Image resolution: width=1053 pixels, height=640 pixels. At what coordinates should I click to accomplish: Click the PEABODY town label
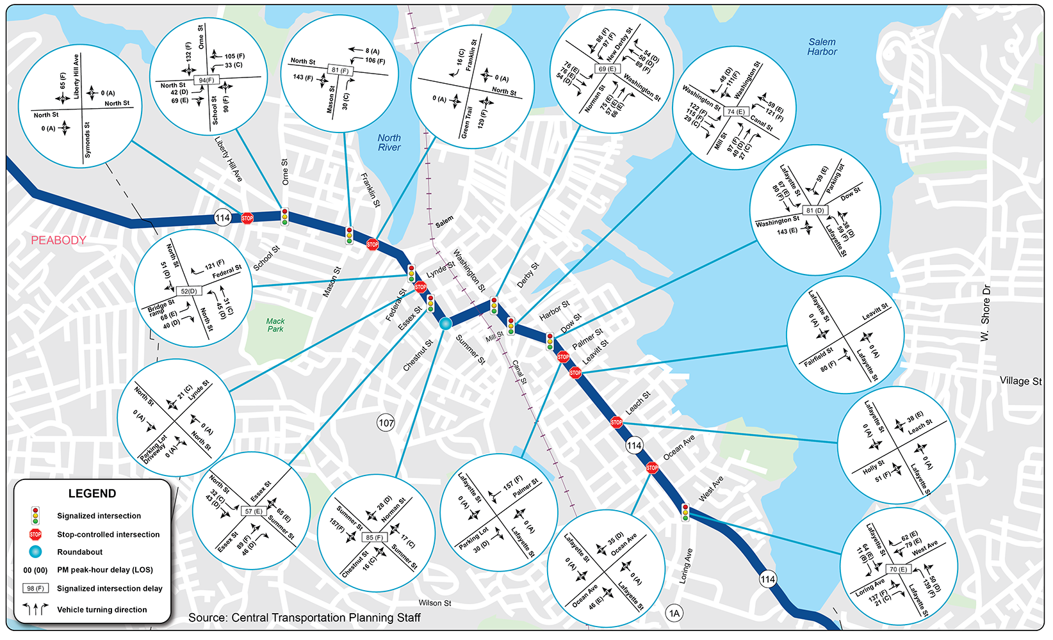[58, 240]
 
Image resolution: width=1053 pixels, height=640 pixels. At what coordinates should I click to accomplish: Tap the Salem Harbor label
[822, 47]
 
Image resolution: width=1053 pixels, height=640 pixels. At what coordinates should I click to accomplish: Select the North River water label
[389, 143]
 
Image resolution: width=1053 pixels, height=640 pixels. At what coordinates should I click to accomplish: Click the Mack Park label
[275, 325]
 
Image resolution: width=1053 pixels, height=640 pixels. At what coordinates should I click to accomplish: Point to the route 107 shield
[386, 422]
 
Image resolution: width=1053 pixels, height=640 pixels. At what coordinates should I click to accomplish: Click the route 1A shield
[674, 613]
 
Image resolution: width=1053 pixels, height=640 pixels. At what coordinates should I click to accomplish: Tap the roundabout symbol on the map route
[446, 324]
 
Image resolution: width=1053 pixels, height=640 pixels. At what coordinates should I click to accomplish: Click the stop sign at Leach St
[616, 422]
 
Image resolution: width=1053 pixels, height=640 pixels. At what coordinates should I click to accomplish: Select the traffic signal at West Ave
[685, 512]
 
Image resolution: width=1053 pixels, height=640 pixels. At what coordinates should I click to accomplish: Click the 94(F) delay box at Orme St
[206, 80]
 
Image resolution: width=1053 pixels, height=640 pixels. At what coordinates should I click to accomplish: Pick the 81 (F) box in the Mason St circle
[340, 70]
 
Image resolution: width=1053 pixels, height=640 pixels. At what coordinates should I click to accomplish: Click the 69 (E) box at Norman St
[607, 68]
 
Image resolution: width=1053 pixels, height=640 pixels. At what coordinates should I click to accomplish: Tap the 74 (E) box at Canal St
[736, 111]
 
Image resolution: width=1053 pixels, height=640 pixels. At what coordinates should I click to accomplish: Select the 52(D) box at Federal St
[188, 291]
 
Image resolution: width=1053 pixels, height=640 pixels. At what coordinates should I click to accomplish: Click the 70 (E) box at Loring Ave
[897, 569]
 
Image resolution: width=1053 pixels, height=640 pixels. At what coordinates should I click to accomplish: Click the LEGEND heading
[92, 493]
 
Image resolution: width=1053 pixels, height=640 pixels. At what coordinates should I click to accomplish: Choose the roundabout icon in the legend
[35, 552]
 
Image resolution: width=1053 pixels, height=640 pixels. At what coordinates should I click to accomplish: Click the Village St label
[1020, 381]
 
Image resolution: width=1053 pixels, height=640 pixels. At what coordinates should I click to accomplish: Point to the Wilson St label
[435, 603]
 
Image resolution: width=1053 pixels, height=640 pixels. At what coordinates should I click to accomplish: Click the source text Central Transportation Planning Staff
[304, 618]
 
